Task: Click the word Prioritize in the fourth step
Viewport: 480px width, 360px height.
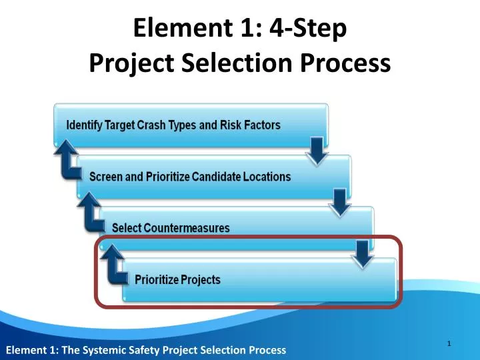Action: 157,279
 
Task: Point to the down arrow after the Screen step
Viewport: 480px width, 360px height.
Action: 340,203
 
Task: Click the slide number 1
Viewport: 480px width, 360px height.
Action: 450,343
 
